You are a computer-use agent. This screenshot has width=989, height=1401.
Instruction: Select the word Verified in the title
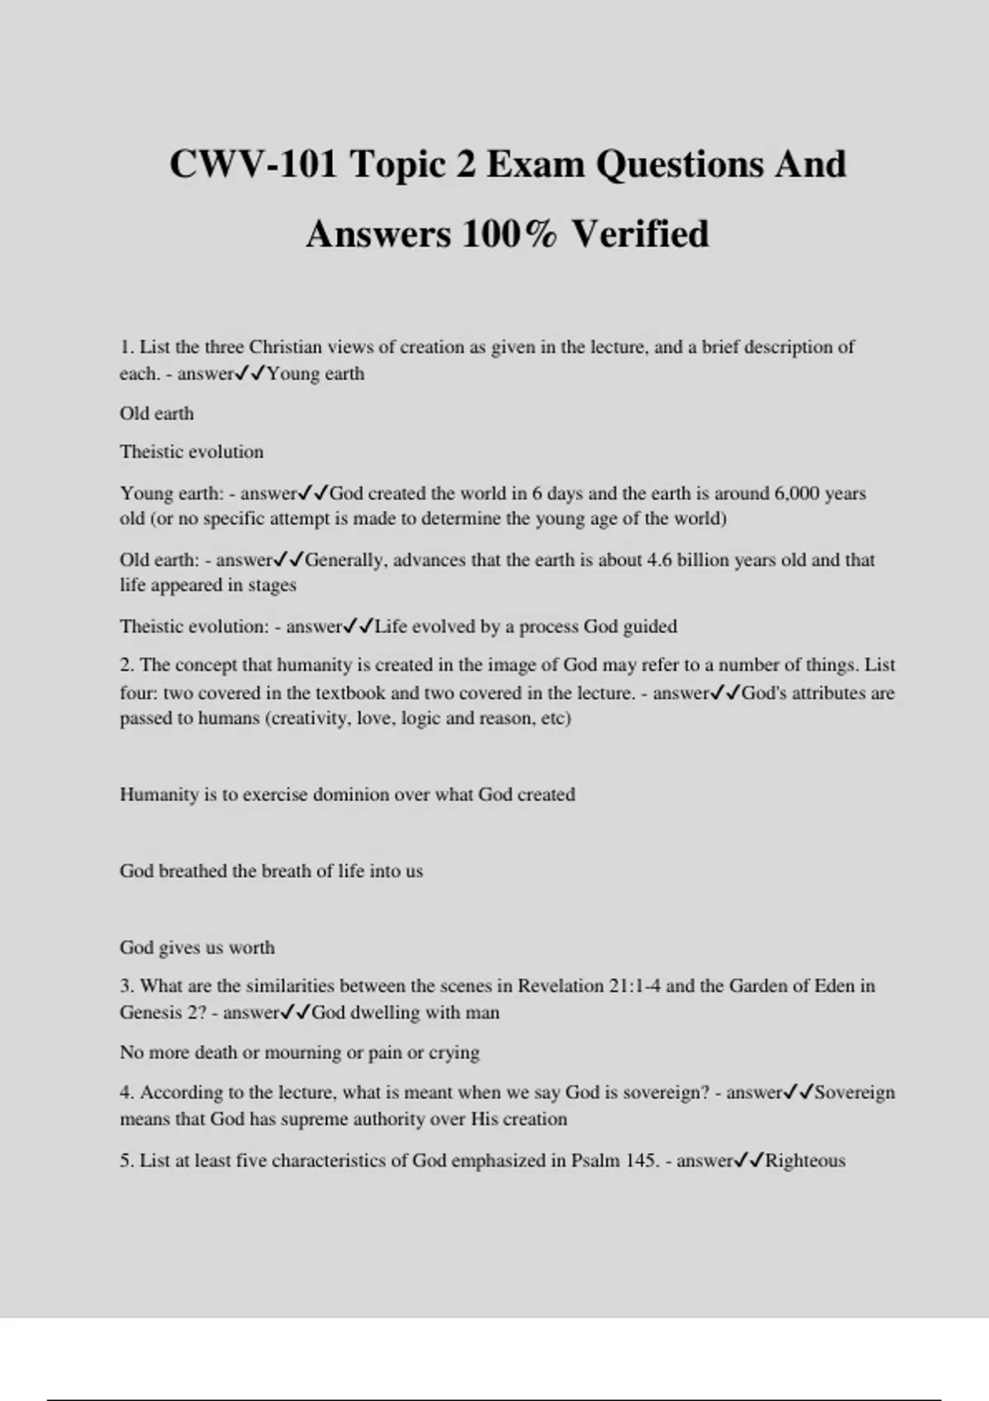click(640, 233)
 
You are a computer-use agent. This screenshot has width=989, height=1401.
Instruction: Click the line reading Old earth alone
click(157, 413)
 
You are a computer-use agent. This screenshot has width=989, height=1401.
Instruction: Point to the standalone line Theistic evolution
click(191, 452)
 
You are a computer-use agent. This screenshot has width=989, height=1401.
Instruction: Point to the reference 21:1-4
click(634, 986)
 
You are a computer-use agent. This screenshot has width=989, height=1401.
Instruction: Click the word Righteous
click(805, 1160)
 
